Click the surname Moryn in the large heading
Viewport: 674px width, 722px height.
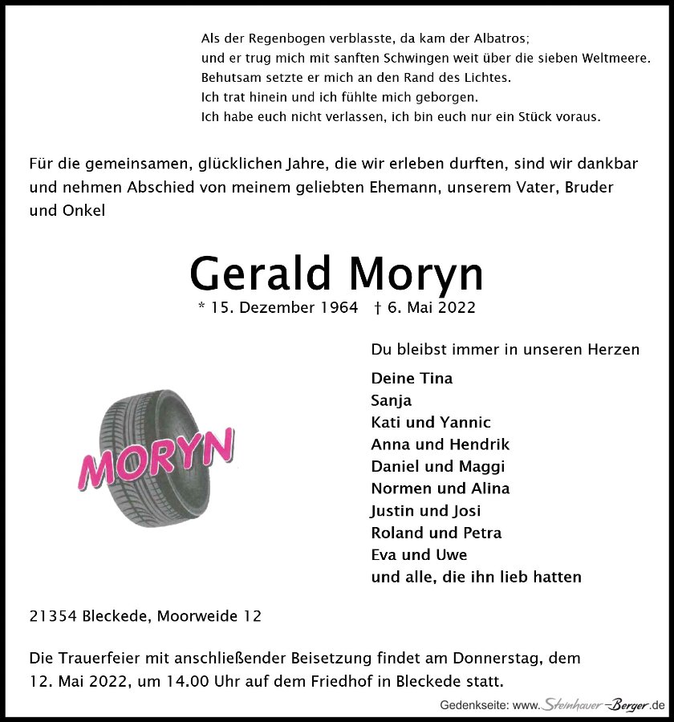(416, 275)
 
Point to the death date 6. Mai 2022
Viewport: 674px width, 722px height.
(431, 308)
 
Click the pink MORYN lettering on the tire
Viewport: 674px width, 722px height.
(157, 460)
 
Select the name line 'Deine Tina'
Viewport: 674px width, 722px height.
(412, 379)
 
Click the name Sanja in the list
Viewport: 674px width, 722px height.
(391, 400)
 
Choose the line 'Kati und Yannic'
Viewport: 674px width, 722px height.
(431, 423)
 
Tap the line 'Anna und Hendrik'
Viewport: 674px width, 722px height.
(440, 444)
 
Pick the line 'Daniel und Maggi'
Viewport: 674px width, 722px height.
(437, 466)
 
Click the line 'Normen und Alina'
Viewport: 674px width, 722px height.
(440, 489)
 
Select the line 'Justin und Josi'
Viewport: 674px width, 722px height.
(425, 510)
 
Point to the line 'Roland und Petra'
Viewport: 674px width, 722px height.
(436, 533)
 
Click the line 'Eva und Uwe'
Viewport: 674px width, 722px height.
(419, 554)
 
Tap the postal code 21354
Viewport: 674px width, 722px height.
(52, 617)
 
